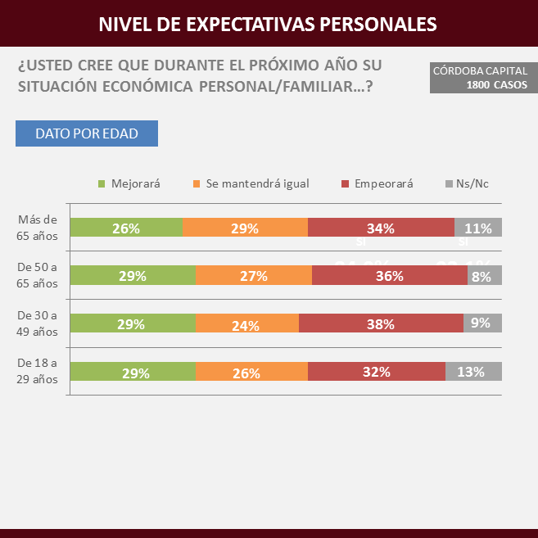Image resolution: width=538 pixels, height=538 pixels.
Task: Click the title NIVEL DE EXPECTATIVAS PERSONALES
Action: tap(268, 24)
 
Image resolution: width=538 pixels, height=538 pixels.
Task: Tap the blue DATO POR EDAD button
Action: tap(87, 133)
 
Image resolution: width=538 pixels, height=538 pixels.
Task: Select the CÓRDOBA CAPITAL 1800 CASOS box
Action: tap(480, 78)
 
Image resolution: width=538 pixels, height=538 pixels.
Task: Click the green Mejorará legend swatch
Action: tap(102, 183)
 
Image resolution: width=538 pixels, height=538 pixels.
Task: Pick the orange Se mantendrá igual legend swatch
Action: tap(196, 183)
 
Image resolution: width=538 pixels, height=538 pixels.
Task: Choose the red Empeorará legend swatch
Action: tap(346, 183)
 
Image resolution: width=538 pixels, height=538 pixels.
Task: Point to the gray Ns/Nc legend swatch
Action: tap(448, 183)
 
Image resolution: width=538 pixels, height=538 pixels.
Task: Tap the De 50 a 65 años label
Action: tap(38, 275)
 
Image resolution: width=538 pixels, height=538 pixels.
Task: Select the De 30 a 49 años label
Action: tap(38, 323)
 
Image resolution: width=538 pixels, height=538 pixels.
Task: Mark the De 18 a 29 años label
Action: tap(38, 371)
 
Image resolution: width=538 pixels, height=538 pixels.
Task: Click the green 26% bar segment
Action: tap(126, 228)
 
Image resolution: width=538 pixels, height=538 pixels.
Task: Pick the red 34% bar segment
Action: tap(381, 228)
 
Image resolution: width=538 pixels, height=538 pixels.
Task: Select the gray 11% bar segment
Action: tap(478, 228)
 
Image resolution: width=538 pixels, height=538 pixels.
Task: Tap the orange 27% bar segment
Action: tap(254, 276)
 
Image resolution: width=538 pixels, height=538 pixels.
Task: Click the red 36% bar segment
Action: tap(390, 276)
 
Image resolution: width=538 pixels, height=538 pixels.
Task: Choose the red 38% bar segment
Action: tap(381, 323)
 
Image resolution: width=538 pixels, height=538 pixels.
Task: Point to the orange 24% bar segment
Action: tap(247, 323)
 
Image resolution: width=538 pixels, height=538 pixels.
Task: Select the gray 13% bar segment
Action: tap(473, 371)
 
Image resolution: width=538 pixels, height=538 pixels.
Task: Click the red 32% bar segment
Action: tap(377, 371)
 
